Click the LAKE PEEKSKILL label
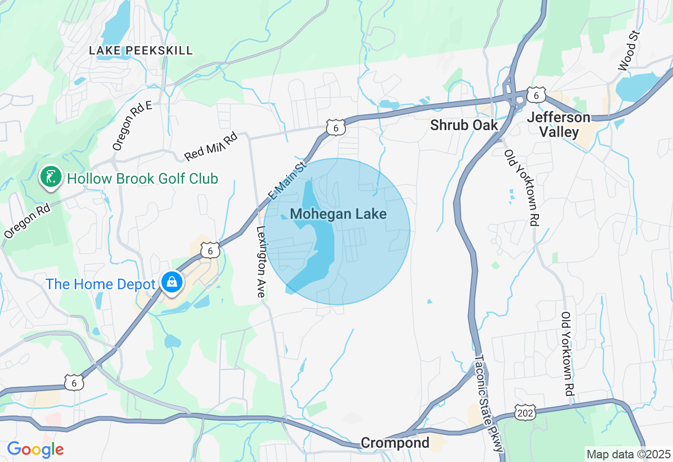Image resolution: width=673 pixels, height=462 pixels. point(141,51)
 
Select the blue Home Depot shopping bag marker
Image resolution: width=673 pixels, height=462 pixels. point(171,282)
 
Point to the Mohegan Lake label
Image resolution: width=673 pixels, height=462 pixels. point(338,214)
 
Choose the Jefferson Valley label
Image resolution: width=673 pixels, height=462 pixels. point(558,125)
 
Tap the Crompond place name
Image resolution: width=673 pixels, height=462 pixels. point(395,443)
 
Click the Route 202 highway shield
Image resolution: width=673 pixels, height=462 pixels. point(525,412)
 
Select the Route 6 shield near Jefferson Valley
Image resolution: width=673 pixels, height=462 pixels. point(536,95)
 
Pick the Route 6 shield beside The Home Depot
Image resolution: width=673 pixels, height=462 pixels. point(210,250)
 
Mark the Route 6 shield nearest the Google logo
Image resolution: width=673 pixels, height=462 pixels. point(74,383)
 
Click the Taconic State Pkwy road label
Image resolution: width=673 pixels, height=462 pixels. point(489,403)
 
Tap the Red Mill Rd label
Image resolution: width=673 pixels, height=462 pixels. point(211,146)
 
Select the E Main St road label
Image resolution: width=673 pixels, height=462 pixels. point(287,181)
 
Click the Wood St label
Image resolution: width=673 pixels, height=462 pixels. point(628,51)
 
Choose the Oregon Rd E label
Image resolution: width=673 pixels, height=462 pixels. point(132,125)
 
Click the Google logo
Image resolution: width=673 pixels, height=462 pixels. point(35,449)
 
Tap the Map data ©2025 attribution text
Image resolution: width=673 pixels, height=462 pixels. point(628,454)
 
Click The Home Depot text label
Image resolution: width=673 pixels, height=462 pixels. point(100,285)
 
